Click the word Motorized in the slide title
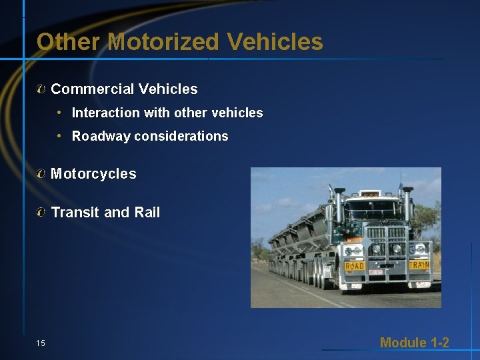click(163, 42)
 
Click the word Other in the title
click(67, 42)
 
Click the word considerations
click(181, 137)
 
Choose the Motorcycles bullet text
click(93, 175)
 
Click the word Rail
click(147, 213)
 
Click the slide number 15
click(41, 343)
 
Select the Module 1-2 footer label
click(414, 343)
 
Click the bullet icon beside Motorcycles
click(41, 175)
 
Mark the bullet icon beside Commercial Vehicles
click(41, 89)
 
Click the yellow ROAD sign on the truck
click(355, 266)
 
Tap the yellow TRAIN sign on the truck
click(418, 265)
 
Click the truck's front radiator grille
click(386, 247)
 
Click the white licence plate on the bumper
click(376, 272)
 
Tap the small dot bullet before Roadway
click(59, 136)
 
